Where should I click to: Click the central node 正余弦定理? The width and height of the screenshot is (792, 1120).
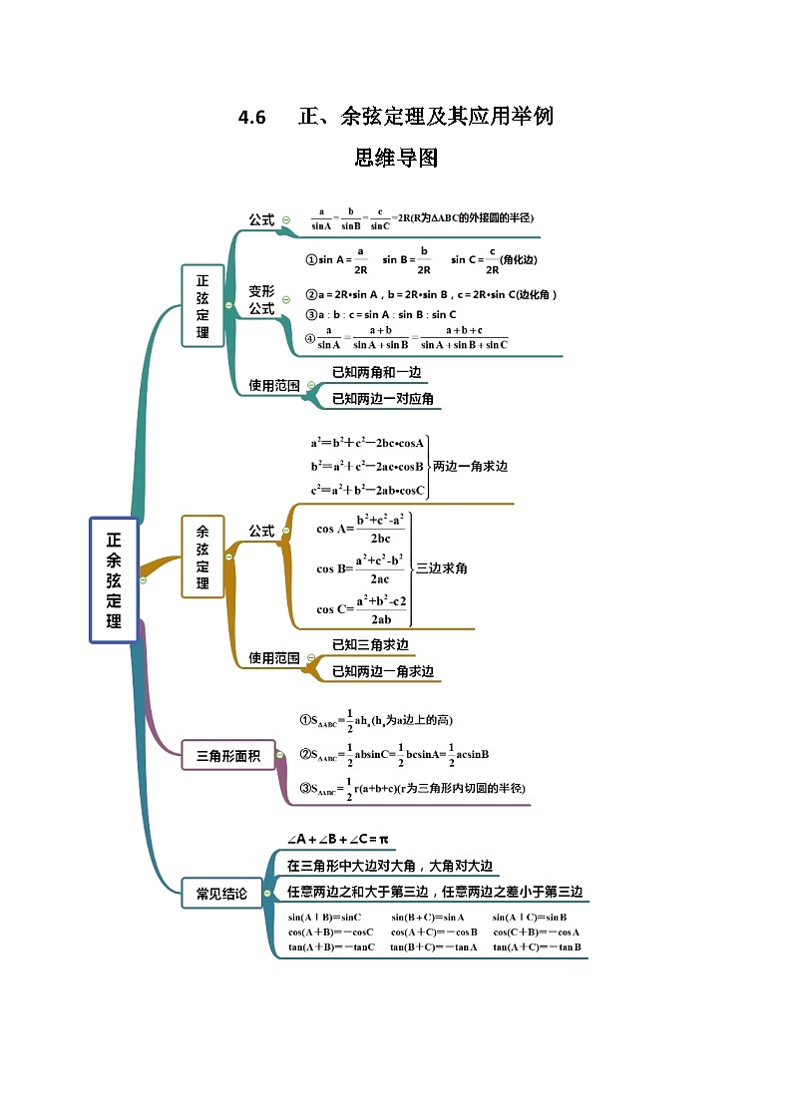[x=114, y=579]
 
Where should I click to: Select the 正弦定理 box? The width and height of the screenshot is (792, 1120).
[x=202, y=305]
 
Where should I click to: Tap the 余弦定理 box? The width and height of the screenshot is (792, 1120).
[x=202, y=557]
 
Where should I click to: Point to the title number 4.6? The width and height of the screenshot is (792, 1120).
[x=252, y=118]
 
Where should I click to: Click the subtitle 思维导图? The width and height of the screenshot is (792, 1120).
[x=396, y=158]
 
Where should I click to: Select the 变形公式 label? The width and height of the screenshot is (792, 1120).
[x=261, y=300]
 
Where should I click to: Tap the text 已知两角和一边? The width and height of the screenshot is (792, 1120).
[x=376, y=372]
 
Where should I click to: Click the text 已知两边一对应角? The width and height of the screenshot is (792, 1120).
[x=383, y=399]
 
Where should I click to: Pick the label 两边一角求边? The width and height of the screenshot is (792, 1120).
[x=470, y=466]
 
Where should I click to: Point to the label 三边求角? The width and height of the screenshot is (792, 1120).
[x=441, y=567]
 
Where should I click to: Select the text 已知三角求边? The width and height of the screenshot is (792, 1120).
[x=370, y=644]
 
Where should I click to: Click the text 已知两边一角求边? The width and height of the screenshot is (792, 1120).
[x=383, y=671]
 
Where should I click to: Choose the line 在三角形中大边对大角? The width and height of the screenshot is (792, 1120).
[x=390, y=866]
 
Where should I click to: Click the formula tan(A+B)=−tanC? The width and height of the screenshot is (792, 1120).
[x=331, y=946]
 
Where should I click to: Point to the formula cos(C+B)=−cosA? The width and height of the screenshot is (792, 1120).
[x=537, y=932]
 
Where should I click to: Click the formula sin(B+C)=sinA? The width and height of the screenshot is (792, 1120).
[x=428, y=917]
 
